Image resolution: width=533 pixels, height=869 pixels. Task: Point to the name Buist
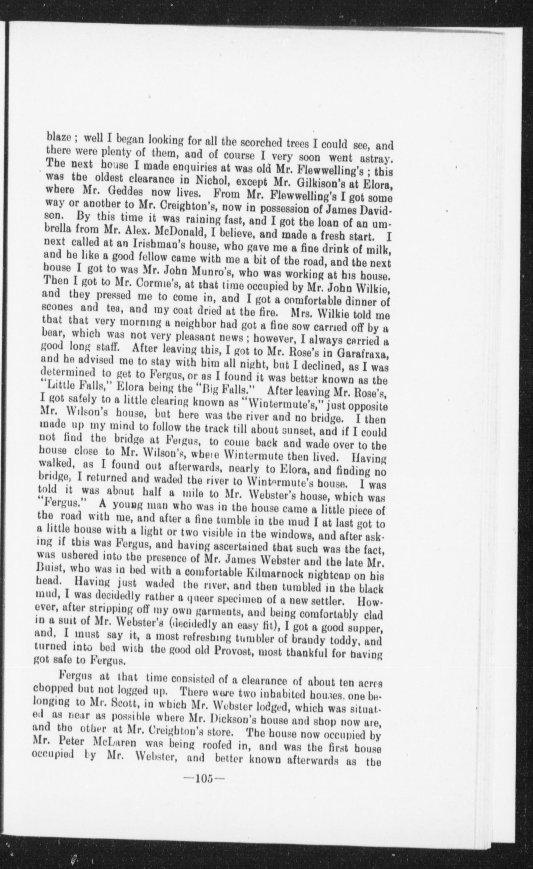50,574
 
